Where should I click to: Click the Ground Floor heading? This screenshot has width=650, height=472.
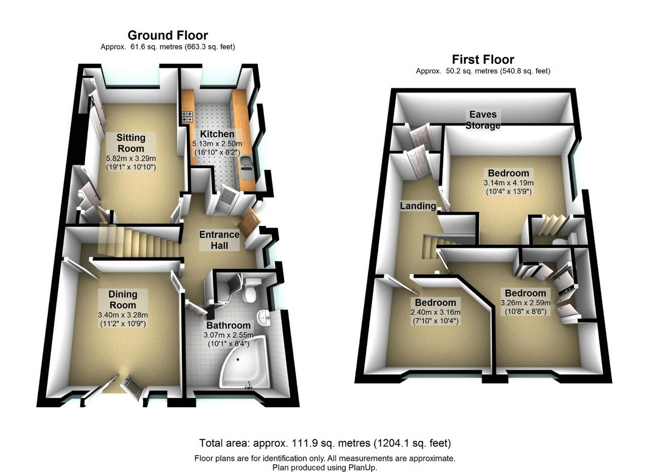(x=168, y=36)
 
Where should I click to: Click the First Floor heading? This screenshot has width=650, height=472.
(x=483, y=60)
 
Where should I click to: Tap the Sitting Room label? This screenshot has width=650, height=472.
(x=131, y=143)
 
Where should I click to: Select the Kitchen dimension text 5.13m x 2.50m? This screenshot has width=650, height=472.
(x=217, y=143)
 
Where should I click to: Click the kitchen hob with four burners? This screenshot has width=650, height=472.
(x=187, y=117)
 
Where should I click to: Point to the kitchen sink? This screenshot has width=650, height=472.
(x=247, y=163)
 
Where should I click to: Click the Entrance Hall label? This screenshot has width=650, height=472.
(x=220, y=240)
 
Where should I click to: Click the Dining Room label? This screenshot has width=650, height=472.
(x=123, y=299)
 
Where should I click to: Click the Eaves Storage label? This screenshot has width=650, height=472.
(x=483, y=120)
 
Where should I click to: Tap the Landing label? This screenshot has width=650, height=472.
(x=418, y=206)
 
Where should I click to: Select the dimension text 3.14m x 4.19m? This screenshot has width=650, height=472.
(x=508, y=183)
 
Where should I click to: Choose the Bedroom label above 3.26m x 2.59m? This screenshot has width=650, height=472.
(x=525, y=293)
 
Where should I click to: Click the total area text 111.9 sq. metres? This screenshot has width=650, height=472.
(x=331, y=443)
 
